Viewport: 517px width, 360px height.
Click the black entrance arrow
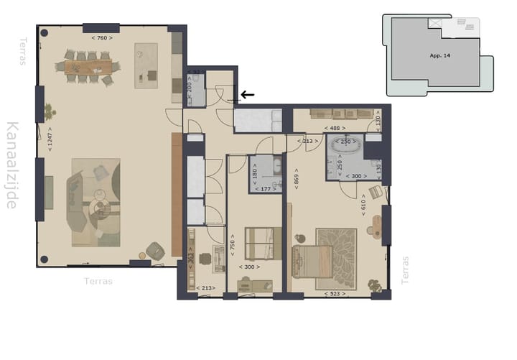(x=247, y=94)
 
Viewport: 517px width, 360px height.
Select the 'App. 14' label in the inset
(x=439, y=54)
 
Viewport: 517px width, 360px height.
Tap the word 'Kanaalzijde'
(x=12, y=165)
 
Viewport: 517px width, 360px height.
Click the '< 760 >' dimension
(x=102, y=37)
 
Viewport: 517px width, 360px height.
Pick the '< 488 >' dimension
(x=335, y=128)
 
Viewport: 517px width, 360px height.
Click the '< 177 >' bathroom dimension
(x=264, y=190)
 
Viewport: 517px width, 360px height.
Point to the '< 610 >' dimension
(x=365, y=206)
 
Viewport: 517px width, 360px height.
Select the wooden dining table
(x=88, y=67)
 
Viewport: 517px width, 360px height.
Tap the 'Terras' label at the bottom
(x=98, y=281)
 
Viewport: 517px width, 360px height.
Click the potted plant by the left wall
(x=49, y=111)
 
